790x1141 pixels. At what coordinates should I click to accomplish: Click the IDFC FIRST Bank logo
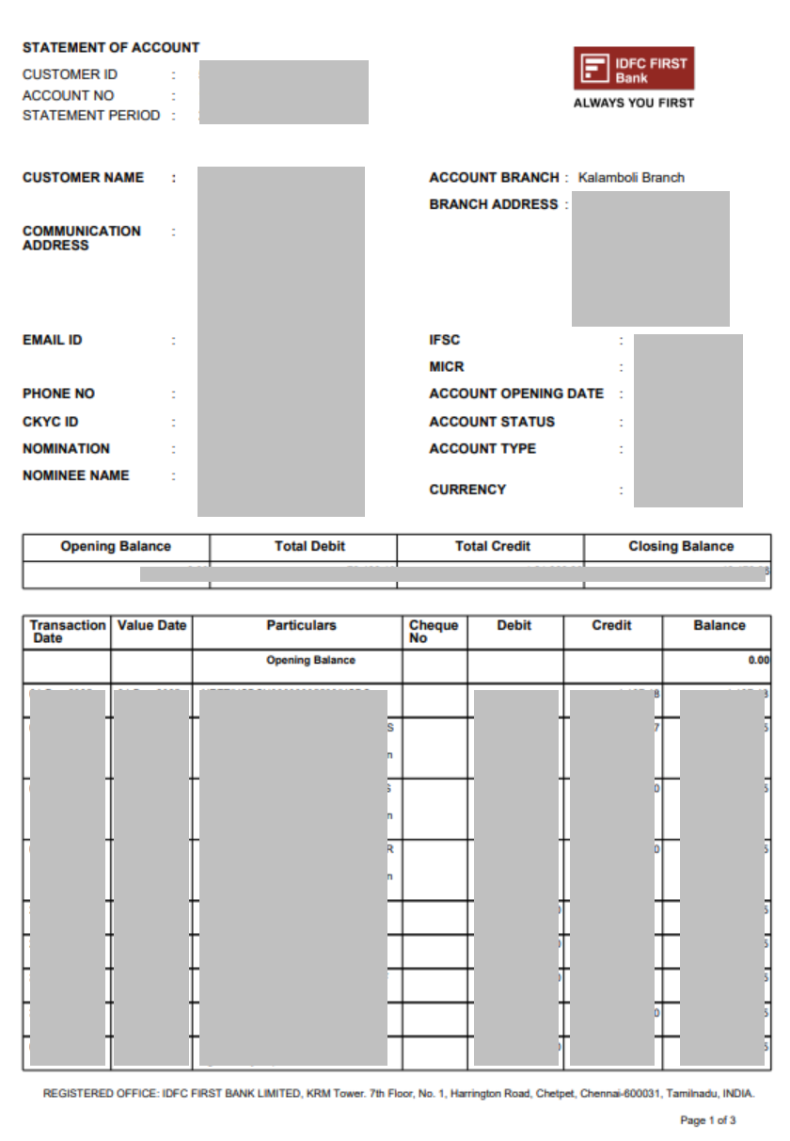634,69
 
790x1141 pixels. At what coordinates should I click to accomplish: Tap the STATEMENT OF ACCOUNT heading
111,47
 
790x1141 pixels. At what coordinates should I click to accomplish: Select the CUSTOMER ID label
70,74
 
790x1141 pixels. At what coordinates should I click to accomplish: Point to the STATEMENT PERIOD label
91,115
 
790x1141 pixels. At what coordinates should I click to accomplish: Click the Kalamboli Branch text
631,177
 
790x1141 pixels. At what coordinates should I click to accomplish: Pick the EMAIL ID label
52,340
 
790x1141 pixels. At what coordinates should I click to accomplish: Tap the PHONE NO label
58,394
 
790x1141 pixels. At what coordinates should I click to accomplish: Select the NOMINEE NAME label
75,475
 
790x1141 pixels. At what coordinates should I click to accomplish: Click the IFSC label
445,340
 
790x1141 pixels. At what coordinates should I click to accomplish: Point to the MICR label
447,366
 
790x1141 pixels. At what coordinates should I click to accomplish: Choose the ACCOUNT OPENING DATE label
516,394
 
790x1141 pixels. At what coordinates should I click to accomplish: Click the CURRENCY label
467,490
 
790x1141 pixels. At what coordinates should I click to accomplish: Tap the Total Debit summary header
309,546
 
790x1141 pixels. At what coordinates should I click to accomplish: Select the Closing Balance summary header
681,546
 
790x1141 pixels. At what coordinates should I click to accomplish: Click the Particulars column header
301,625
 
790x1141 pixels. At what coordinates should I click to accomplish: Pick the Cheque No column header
434,631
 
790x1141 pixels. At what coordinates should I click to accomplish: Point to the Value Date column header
151,625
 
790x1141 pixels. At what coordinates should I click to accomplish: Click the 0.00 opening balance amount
758,660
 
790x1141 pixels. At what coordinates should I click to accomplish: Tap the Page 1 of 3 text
707,1120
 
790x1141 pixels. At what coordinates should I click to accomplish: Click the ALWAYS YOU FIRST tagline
633,103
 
